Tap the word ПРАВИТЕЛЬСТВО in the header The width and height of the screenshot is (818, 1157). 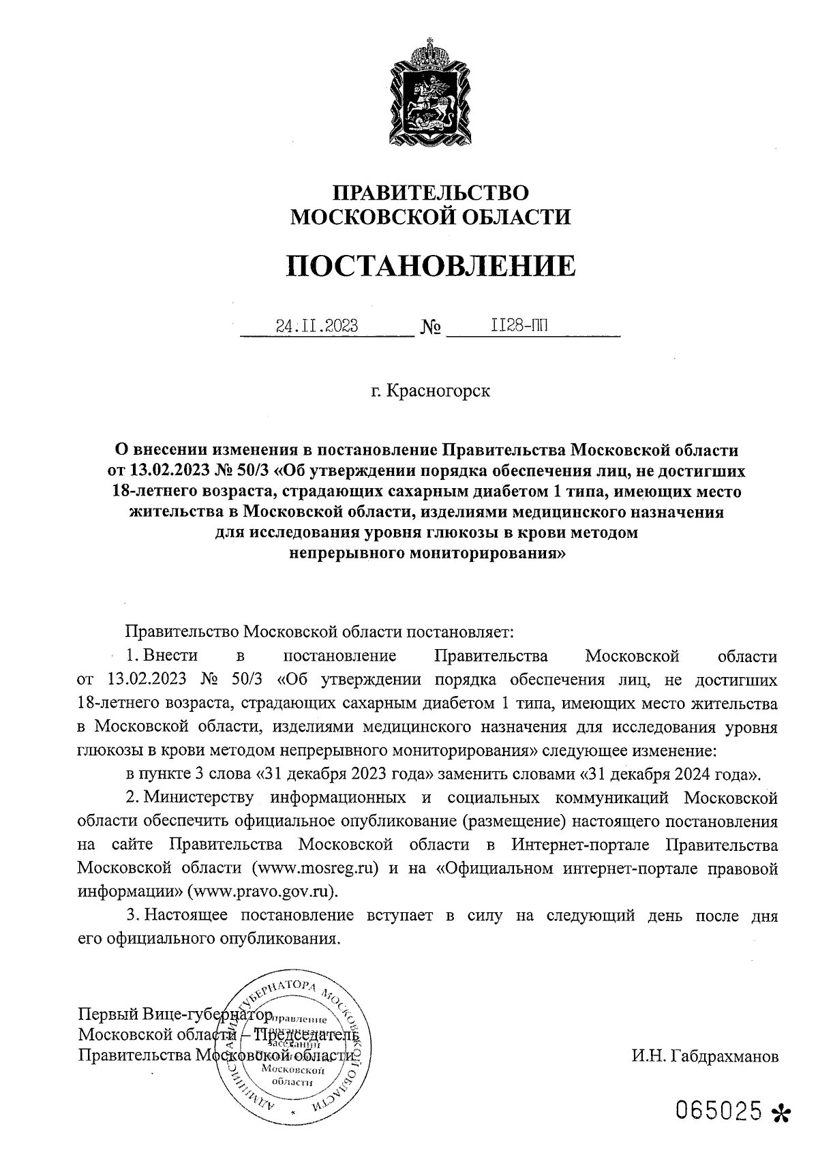coord(430,193)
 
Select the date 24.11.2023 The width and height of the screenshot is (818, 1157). coord(317,326)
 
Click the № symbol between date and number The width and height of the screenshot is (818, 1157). coord(431,328)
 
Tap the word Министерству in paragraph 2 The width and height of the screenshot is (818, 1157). coord(198,797)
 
